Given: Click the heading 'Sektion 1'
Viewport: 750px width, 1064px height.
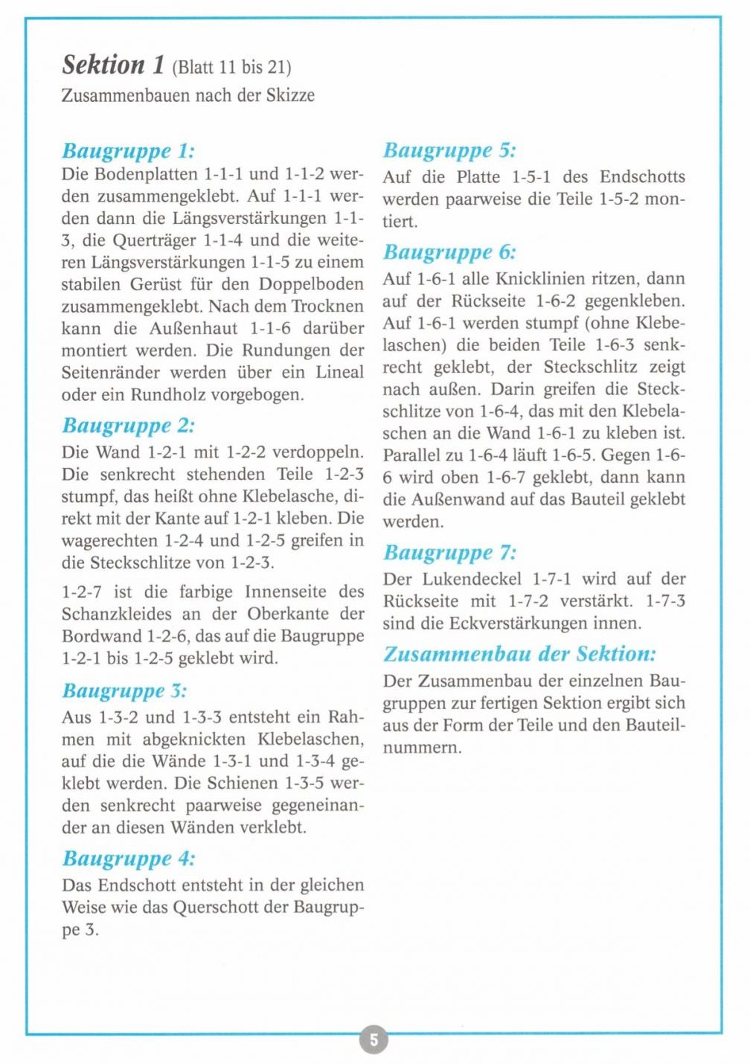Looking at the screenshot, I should (x=113, y=65).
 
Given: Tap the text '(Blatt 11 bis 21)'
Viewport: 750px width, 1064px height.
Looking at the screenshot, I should (x=231, y=68).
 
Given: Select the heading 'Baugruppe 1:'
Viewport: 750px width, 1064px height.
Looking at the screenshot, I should (x=128, y=151).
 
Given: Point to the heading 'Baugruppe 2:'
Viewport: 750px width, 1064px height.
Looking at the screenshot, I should (x=128, y=426).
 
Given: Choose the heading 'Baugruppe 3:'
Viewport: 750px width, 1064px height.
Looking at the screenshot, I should (x=124, y=691).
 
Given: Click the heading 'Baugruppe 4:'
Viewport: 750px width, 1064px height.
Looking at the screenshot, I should (x=128, y=859).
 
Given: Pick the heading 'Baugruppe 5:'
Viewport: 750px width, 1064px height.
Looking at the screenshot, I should (x=449, y=150).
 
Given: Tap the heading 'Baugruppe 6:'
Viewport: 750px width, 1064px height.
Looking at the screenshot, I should (x=449, y=252).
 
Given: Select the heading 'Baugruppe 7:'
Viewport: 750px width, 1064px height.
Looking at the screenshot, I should (x=449, y=553).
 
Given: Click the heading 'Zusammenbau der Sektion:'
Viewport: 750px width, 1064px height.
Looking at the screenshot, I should (x=519, y=654).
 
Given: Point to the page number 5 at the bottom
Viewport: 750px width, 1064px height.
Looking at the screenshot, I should (x=374, y=1039).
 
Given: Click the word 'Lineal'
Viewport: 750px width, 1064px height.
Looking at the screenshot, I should (x=340, y=373).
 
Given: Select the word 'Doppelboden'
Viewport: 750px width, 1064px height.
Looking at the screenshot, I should (x=311, y=285).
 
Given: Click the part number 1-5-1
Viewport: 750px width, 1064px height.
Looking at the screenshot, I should (x=531, y=177).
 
